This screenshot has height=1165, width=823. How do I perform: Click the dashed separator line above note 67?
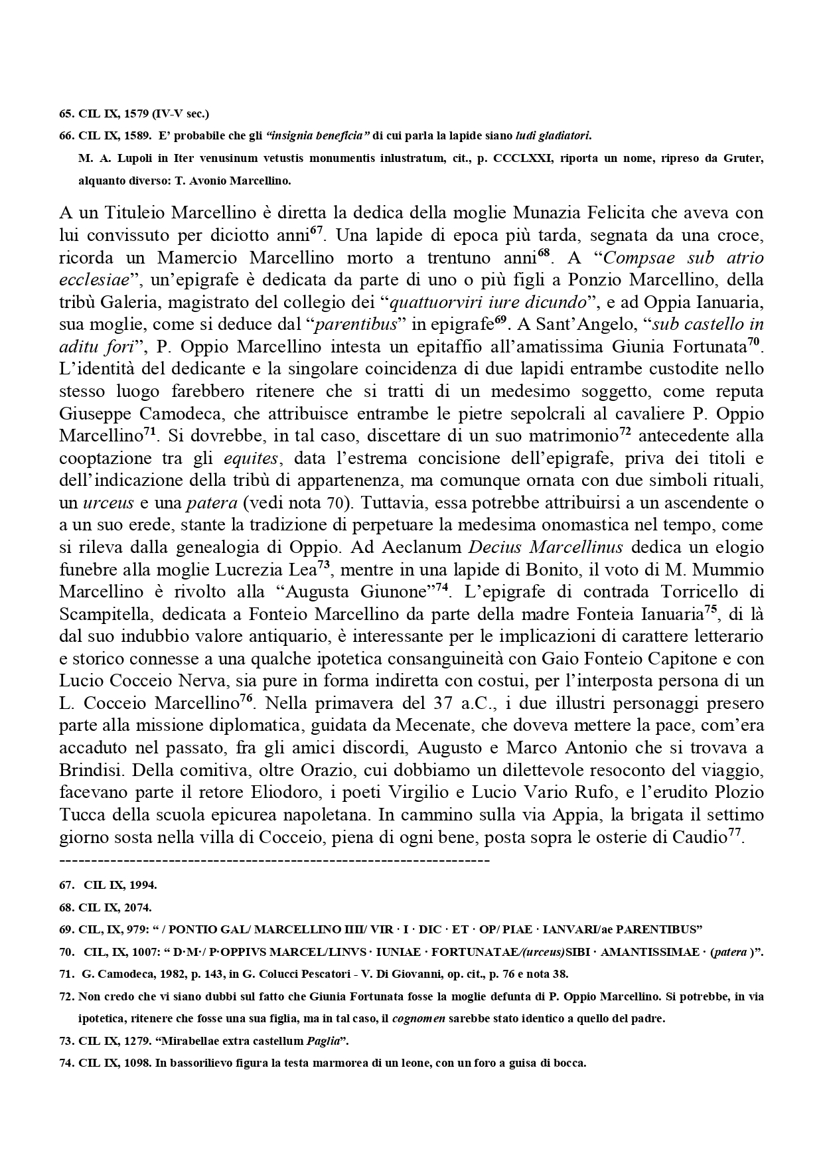coord(274,861)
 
